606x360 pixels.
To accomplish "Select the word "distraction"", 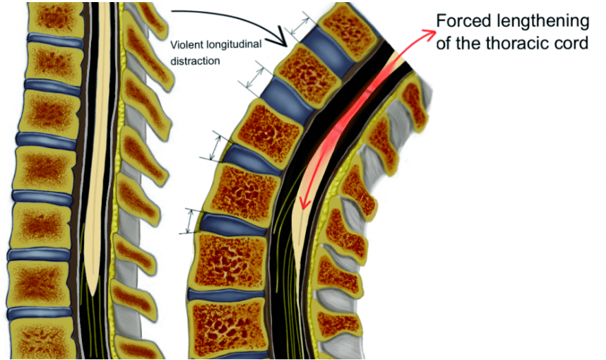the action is coord(195,61).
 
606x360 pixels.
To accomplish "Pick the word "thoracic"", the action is coord(519,43).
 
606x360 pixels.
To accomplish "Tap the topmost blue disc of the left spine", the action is coord(54,39).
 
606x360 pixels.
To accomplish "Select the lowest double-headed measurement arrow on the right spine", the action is coord(189,222).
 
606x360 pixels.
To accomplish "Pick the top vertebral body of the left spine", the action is coord(56,17).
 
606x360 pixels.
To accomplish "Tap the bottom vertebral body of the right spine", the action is coord(229,325).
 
